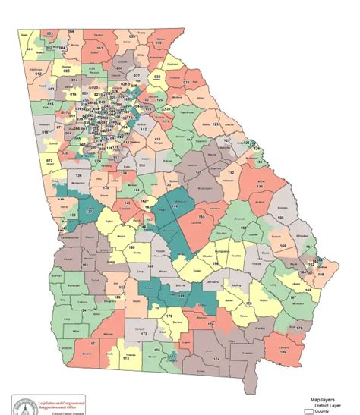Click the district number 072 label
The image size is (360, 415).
tap(50, 161)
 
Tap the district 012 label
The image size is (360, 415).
tap(36, 74)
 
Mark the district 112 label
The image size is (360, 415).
tap(142, 130)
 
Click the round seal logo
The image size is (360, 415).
tap(23, 403)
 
